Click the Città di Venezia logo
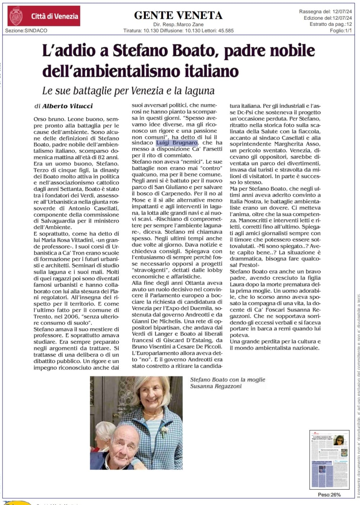pyautogui.click(x=44, y=16)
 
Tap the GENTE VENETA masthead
pyautogui.click(x=178, y=15)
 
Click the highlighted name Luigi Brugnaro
pyautogui.click(x=177, y=143)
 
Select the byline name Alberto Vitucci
pyautogui.click(x=68, y=106)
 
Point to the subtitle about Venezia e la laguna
pyautogui.click(x=128, y=91)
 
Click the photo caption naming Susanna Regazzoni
pyautogui.click(x=227, y=383)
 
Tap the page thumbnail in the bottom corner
pyautogui.click(x=329, y=459)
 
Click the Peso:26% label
pyautogui.click(x=329, y=495)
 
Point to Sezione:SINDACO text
pyautogui.click(x=26, y=31)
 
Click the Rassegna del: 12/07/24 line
pyautogui.click(x=325, y=12)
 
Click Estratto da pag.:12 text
pyautogui.click(x=331, y=24)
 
